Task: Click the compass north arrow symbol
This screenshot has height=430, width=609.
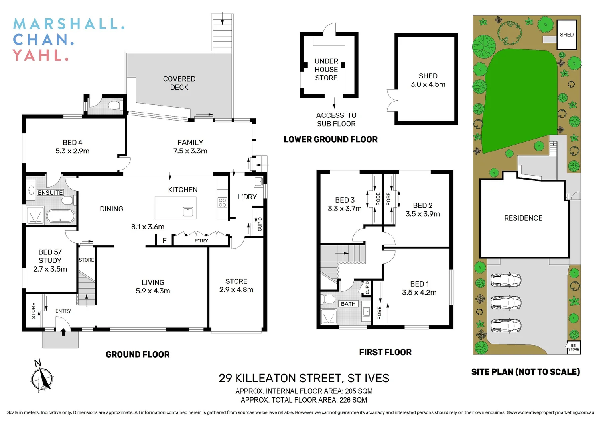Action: tap(42, 376)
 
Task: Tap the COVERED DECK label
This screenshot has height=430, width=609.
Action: tap(179, 83)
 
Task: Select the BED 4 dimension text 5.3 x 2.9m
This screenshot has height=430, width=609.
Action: tap(72, 151)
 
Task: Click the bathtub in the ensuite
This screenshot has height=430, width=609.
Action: tap(60, 216)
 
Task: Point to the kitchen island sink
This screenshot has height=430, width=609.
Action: tap(188, 211)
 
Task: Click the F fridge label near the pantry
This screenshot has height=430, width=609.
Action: tap(164, 240)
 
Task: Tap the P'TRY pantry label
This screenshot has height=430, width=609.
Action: tap(201, 241)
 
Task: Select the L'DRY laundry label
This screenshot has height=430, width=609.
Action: tap(247, 197)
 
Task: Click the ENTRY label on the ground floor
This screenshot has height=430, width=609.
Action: tap(63, 311)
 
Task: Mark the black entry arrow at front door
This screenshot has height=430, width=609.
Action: tap(63, 332)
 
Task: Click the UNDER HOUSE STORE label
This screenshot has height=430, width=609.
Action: tap(326, 70)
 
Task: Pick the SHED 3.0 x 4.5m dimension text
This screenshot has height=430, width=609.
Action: tap(428, 84)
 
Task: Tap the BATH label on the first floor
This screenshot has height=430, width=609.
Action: tap(348, 304)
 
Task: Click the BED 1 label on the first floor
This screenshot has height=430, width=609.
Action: tap(419, 284)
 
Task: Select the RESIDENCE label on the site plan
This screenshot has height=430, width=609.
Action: tap(523, 218)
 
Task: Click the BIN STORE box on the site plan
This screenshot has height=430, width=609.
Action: tap(573, 348)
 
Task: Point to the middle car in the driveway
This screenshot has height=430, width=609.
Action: tap(505, 303)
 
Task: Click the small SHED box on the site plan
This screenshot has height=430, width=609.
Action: tap(566, 35)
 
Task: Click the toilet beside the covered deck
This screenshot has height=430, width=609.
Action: tap(114, 106)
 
